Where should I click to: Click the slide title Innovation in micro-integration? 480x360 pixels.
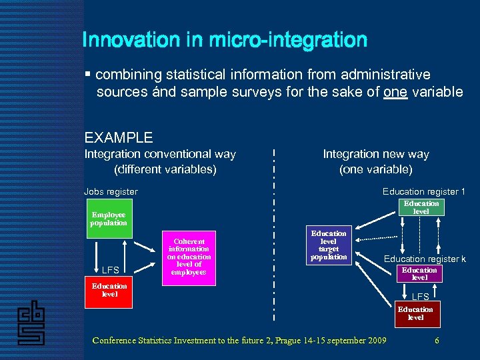pos(225,40)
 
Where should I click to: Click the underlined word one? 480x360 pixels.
pos(395,92)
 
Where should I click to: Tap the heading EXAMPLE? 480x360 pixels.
pos(119,138)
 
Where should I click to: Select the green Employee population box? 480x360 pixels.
pos(109,219)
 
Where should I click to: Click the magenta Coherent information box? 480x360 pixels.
pos(189,257)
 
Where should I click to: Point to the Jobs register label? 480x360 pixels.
pos(111,192)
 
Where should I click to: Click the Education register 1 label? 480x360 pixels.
pos(424,192)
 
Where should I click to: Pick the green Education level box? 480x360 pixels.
pos(421,207)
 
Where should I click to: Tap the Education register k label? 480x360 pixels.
pos(425,259)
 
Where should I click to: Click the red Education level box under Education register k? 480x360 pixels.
pos(419,274)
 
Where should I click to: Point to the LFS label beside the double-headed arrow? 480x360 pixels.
pos(111,270)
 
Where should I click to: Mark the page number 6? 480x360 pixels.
pos(437,341)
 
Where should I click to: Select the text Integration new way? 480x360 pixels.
pos(376,154)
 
